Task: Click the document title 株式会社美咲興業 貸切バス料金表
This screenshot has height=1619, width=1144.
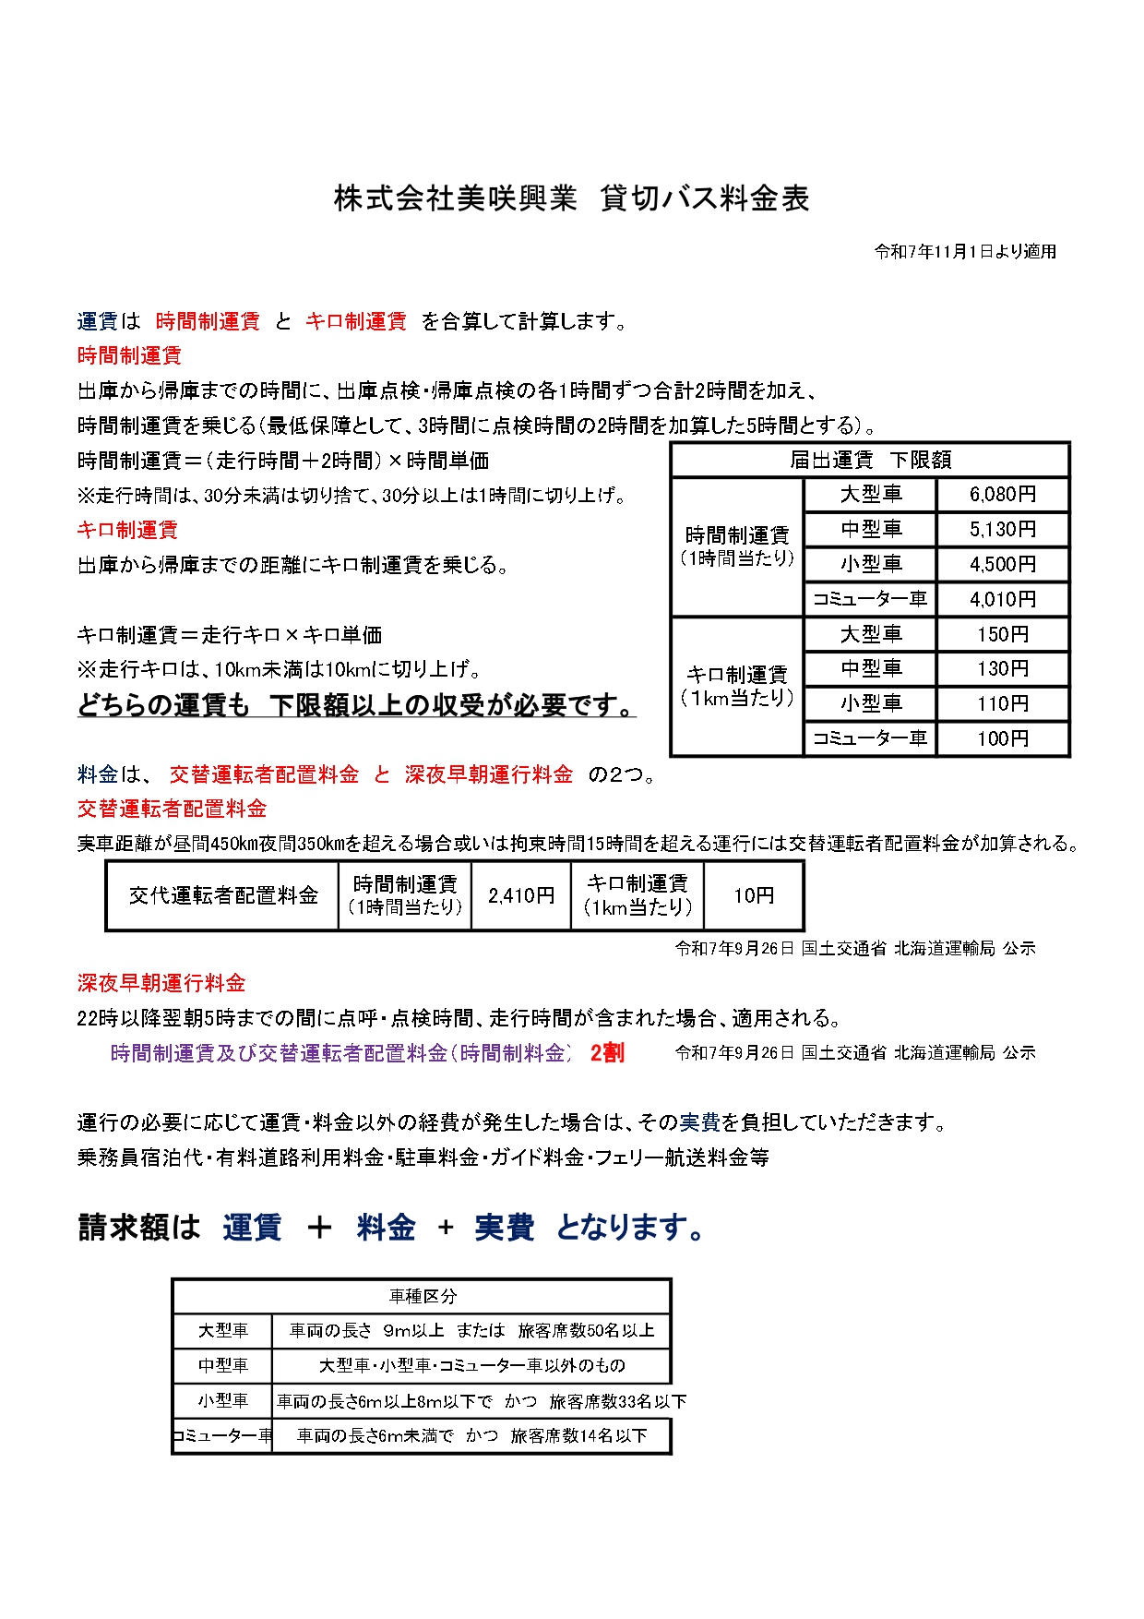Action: coord(571,198)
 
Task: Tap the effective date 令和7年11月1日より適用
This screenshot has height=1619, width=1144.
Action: coord(965,252)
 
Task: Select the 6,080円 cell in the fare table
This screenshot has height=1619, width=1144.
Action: coord(1003,495)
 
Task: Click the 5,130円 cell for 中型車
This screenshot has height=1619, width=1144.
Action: coord(1003,530)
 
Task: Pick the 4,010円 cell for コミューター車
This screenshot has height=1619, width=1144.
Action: coord(1003,600)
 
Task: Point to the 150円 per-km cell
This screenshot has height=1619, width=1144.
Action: coord(1003,635)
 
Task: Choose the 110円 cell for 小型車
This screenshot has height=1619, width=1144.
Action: coord(1003,704)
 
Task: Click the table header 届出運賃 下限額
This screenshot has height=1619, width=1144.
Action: coord(870,460)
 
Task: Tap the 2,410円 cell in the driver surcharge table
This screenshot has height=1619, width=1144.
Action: coord(521,895)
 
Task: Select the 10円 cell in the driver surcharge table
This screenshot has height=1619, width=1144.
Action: coord(754,895)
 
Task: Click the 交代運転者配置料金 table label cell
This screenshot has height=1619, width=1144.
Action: coord(223,895)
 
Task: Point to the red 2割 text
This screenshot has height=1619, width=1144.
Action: coord(607,1053)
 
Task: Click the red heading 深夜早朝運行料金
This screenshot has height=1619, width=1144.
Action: coord(161,984)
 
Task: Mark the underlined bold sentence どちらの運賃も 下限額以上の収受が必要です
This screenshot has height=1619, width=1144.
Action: coord(356,706)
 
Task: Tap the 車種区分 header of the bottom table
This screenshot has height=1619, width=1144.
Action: coord(422,1297)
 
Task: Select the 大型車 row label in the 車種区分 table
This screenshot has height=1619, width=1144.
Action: coord(223,1331)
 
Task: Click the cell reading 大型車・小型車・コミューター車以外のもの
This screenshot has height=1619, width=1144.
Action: coord(471,1366)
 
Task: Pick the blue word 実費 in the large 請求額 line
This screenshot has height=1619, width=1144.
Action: coord(504,1228)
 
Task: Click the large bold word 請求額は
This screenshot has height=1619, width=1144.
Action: coord(139,1228)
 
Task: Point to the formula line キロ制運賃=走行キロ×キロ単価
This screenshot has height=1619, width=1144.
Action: coord(230,636)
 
